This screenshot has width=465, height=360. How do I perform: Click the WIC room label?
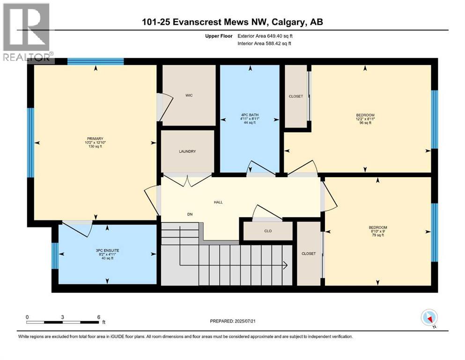pyautogui.click(x=189, y=95)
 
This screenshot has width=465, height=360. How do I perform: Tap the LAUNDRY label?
pyautogui.click(x=187, y=151)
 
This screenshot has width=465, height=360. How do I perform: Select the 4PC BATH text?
pyautogui.click(x=250, y=115)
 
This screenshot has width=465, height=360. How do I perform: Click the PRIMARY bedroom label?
pyautogui.click(x=94, y=138)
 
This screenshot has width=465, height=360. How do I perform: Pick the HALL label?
pyautogui.click(x=218, y=202)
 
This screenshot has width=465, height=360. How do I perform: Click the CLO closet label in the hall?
pyautogui.click(x=268, y=231)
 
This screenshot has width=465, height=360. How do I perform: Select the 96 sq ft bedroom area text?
pyautogui.click(x=365, y=123)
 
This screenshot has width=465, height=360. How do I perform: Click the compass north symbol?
pyautogui.click(x=429, y=318)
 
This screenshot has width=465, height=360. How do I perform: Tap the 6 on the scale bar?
pyautogui.click(x=98, y=317)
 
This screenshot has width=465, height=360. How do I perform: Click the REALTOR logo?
pyautogui.click(x=27, y=32)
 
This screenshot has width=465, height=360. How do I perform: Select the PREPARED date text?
pyautogui.click(x=239, y=321)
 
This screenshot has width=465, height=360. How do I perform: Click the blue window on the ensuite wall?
pyautogui.click(x=55, y=255)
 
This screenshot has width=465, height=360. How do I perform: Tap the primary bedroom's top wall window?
pyautogui.click(x=96, y=61)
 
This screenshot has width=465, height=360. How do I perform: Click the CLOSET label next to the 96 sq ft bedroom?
pyautogui.click(x=295, y=97)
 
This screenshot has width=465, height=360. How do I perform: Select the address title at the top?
pyautogui.click(x=233, y=22)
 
